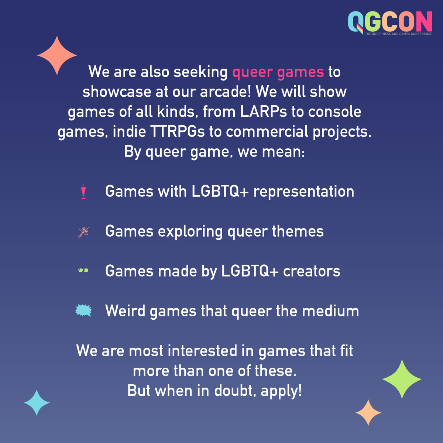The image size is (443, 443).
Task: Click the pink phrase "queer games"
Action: pos(278,72)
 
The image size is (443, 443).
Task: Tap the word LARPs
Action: pos(264,112)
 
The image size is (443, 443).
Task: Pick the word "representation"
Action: pos(303,192)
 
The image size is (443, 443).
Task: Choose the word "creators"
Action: pos(312,271)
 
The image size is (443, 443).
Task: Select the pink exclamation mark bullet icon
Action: pos(83,192)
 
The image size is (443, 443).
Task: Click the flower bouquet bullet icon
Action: pos(83,232)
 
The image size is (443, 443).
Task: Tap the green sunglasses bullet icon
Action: pos(83,271)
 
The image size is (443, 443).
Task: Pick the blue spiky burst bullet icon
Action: pos(83,311)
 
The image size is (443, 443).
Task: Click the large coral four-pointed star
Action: pos(57,56)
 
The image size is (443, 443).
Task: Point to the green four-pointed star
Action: pos(402,379)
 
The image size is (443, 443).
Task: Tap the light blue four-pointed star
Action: pos(37,403)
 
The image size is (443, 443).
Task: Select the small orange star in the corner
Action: pos(368,412)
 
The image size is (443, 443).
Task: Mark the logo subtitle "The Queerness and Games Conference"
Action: pos(398,34)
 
